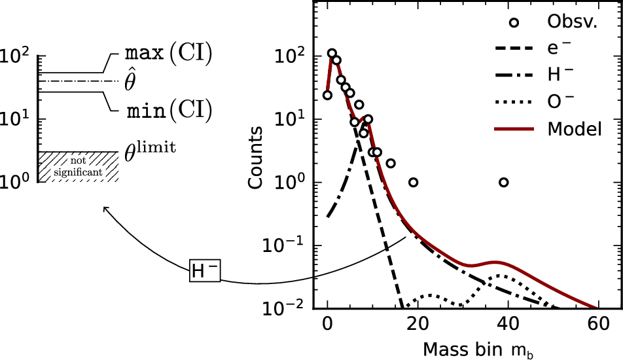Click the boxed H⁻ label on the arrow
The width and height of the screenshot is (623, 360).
pyautogui.click(x=205, y=270)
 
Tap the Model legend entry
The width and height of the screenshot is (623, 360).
pyautogui.click(x=574, y=130)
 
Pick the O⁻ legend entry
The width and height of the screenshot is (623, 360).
pyautogui.click(x=561, y=102)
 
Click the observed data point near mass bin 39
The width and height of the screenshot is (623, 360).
pyautogui.click(x=503, y=182)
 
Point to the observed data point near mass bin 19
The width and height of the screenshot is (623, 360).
pyautogui.click(x=413, y=182)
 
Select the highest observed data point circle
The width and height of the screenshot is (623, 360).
pyautogui.click(x=332, y=53)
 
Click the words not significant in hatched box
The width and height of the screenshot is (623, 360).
pyautogui.click(x=79, y=167)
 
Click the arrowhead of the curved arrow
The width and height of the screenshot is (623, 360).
pyautogui.click(x=105, y=209)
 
